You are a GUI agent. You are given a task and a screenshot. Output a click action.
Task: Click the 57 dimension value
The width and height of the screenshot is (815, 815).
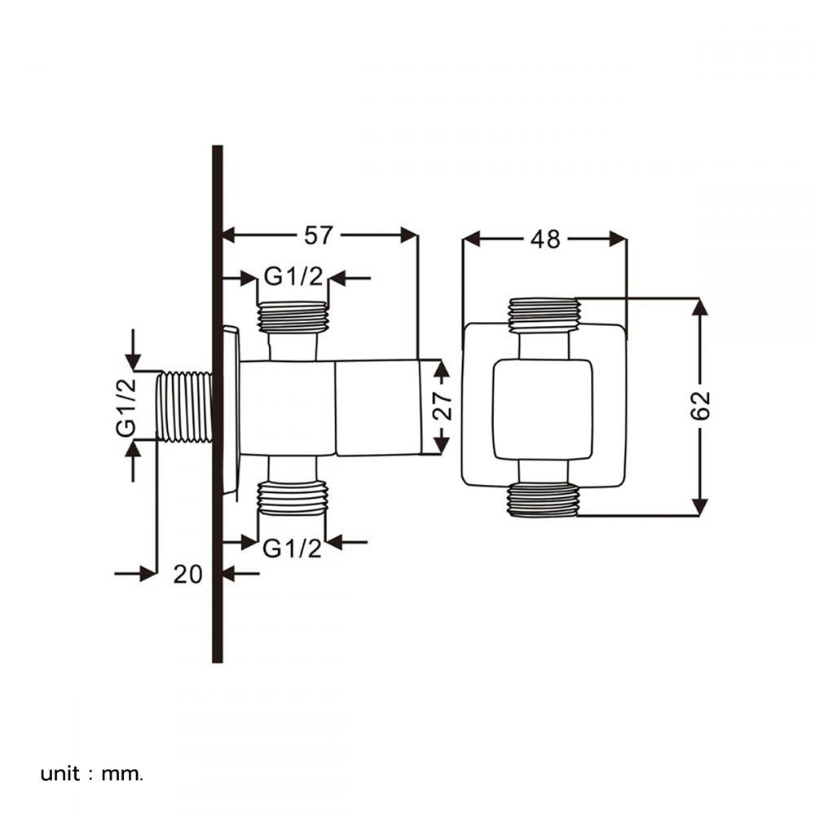(x=319, y=236)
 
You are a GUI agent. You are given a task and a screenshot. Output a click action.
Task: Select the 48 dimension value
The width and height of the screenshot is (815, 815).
(x=545, y=239)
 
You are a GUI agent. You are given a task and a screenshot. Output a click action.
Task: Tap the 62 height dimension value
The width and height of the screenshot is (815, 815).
(x=700, y=406)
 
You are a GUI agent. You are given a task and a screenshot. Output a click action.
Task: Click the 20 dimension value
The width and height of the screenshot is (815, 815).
(x=187, y=575)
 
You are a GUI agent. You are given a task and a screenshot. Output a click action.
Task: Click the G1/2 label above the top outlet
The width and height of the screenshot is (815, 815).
(x=293, y=278)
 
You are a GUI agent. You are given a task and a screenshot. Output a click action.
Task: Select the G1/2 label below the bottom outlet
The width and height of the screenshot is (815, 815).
(x=292, y=548)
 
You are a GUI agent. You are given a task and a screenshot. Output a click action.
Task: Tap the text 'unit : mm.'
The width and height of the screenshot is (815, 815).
(x=92, y=773)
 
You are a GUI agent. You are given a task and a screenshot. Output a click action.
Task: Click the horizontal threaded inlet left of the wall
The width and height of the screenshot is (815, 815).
(x=184, y=407)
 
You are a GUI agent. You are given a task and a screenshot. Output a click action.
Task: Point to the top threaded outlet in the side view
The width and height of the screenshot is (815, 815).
(x=293, y=317)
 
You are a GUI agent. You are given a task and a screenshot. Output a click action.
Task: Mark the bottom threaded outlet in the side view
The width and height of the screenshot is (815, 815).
(x=293, y=498)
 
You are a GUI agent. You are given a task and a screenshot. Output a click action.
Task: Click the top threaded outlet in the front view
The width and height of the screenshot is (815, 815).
(x=544, y=315)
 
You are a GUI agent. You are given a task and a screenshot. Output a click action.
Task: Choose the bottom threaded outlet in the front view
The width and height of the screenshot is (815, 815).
(x=544, y=500)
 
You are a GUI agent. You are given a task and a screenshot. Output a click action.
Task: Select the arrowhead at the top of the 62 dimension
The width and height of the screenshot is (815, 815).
(x=699, y=306)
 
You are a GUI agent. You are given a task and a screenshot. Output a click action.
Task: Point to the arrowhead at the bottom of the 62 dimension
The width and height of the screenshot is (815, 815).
(x=699, y=507)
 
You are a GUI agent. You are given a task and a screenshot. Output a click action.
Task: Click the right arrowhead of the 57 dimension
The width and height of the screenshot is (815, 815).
(x=409, y=236)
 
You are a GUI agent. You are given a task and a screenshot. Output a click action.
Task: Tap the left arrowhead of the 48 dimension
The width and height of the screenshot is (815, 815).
(x=470, y=239)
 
